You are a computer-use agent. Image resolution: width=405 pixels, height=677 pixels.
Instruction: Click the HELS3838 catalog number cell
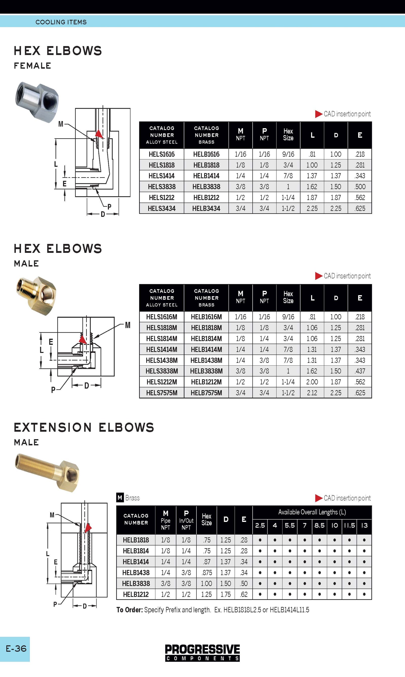[x=161, y=187]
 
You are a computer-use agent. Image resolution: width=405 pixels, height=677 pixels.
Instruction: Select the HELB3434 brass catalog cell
[x=206, y=209]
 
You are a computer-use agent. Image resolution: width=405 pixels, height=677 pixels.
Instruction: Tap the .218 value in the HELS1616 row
[x=360, y=154]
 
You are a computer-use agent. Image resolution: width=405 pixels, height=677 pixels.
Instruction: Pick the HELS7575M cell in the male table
[x=161, y=393]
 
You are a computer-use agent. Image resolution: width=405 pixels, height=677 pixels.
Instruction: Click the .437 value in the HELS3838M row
[x=360, y=371]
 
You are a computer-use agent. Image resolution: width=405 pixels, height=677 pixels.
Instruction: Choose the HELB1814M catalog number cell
[x=206, y=339]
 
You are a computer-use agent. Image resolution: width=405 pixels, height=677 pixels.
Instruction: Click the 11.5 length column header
[x=349, y=525]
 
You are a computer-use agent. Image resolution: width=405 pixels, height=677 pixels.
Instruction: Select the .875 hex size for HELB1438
[x=207, y=573]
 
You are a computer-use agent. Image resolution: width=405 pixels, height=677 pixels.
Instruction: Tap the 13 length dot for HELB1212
[x=364, y=594]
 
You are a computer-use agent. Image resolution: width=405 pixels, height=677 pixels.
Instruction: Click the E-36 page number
[x=16, y=649]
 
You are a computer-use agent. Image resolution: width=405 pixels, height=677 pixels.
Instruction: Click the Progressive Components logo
[x=202, y=653]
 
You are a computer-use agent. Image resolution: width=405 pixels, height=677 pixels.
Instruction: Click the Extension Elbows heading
[x=84, y=428]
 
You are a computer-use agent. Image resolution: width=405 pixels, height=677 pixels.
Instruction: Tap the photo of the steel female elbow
[x=37, y=102]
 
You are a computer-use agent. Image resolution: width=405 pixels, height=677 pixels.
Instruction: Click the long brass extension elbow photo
[x=47, y=473]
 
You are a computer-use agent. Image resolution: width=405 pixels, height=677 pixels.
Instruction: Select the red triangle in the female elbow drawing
[x=98, y=134]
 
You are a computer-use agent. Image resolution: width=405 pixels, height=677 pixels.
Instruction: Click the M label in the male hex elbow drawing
[x=128, y=325]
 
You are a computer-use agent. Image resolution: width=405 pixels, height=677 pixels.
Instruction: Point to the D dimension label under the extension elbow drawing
[x=85, y=606]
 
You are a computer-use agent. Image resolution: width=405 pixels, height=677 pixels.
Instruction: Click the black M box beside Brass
[x=119, y=498]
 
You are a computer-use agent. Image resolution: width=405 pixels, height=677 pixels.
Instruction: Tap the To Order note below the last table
[x=213, y=610]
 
